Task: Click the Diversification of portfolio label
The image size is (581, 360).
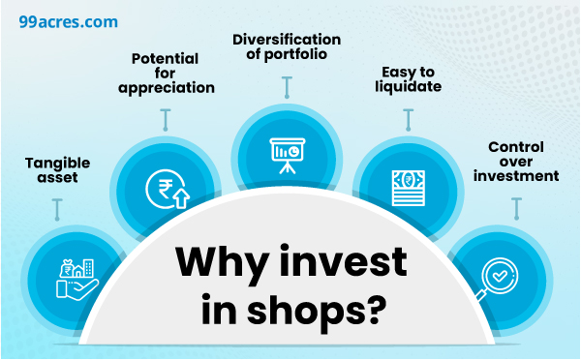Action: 286,46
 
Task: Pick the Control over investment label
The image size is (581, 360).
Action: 516,162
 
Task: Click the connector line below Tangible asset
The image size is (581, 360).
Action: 58,208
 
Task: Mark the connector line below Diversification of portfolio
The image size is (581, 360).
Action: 286,86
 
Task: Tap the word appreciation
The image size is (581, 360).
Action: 166,89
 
